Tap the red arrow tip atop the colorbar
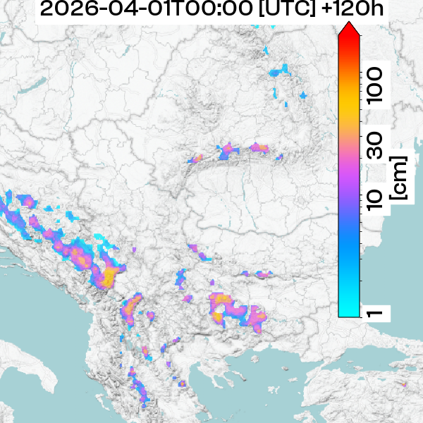[x=350, y=30]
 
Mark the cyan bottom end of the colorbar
[x=350, y=310]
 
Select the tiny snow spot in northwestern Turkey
[x=403, y=384]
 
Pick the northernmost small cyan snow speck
[x=266, y=50]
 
